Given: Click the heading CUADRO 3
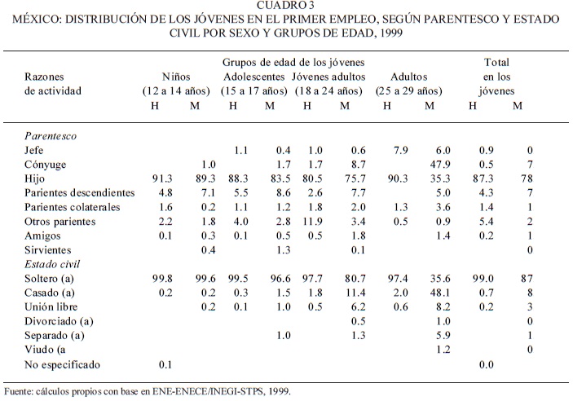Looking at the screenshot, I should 286,7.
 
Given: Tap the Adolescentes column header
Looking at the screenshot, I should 253,76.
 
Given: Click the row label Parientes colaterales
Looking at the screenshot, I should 73,207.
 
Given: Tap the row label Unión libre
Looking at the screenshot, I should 52,307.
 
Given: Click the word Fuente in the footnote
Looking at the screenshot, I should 18,390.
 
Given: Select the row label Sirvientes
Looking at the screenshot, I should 48,250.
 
